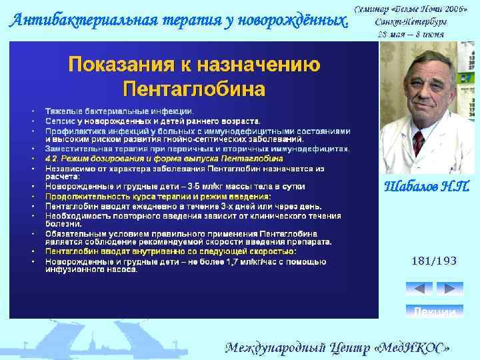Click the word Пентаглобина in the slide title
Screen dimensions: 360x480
[x=194, y=88]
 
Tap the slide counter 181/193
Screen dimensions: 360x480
[x=434, y=261]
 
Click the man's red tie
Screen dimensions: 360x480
[x=419, y=143]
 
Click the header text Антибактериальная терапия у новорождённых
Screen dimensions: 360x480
[x=179, y=20]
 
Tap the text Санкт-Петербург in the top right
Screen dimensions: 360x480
[x=410, y=21]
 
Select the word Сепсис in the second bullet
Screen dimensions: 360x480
[x=59, y=121]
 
